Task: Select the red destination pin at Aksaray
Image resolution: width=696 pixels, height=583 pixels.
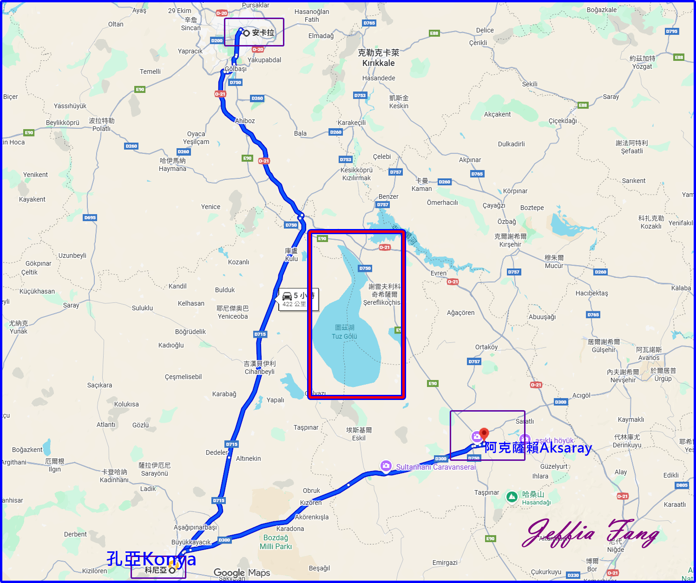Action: [484, 434]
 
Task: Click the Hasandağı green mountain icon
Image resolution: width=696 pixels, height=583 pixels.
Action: [512, 497]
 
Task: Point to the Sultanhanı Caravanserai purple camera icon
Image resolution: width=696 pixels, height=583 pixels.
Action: [386, 465]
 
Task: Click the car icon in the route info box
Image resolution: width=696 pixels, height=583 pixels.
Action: [287, 296]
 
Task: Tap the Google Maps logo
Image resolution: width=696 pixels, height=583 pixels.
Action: [242, 573]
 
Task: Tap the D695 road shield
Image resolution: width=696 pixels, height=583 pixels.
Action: [90, 217]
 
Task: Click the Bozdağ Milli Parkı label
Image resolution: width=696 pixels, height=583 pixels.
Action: [276, 542]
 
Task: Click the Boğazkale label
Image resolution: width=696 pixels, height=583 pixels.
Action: [602, 10]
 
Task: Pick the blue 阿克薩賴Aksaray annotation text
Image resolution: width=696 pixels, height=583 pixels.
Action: [538, 448]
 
